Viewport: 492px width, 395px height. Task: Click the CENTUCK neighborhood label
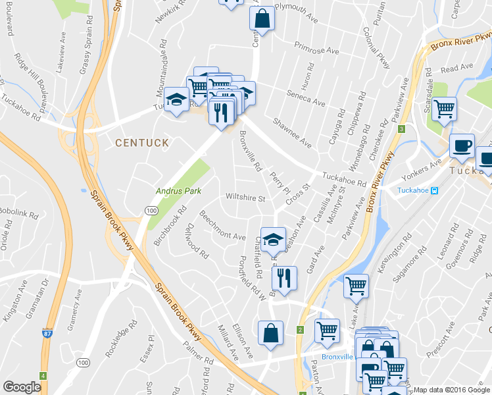pos(142,142)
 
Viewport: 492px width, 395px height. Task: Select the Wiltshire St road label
pos(245,197)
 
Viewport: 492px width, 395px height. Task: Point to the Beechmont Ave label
pos(222,226)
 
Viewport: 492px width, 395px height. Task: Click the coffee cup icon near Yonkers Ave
pos(462,145)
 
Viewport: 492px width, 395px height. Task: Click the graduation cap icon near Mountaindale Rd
pos(176,99)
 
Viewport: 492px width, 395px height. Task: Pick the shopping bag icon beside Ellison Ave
pos(271,333)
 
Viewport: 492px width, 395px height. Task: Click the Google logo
pos(22,387)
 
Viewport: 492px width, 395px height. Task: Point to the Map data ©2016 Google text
pos(451,390)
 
